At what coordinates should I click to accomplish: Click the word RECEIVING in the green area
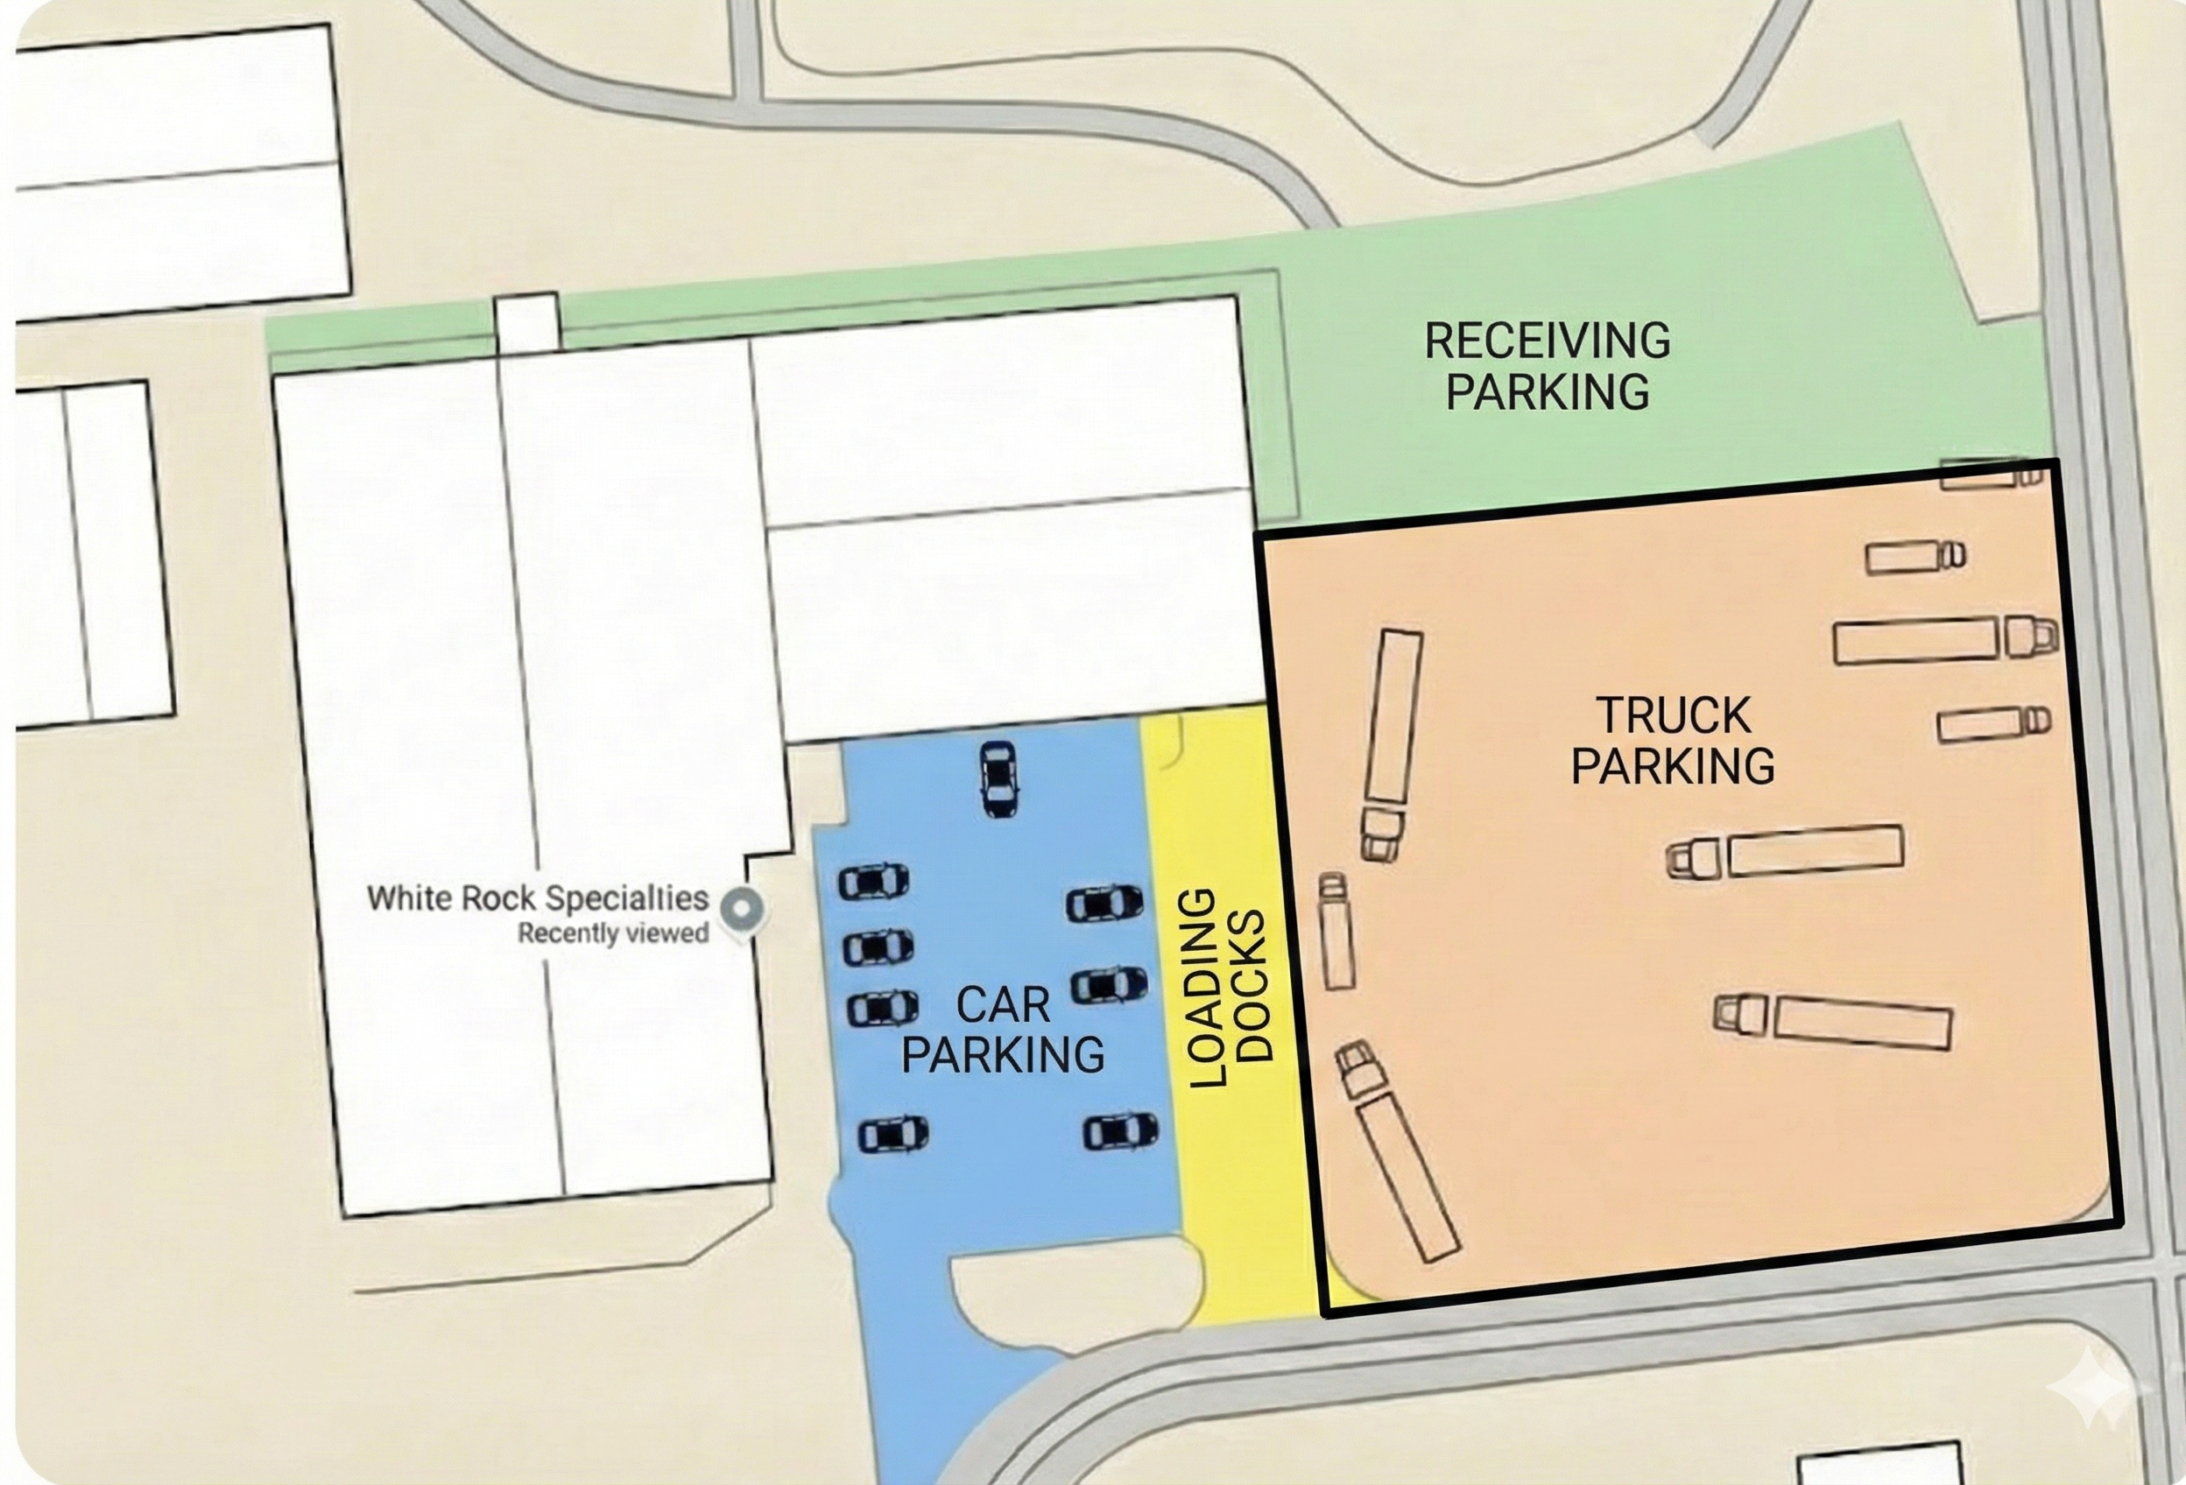pos(1547,341)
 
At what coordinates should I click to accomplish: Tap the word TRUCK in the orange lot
pos(1674,715)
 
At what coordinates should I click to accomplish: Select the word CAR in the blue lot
pos(1003,1006)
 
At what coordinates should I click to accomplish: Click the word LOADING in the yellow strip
pos(1207,988)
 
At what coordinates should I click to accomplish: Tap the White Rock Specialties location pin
pos(741,909)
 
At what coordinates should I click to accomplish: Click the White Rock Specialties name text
pos(537,898)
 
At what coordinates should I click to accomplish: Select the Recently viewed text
pos(613,934)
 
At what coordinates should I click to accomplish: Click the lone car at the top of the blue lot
pos(998,778)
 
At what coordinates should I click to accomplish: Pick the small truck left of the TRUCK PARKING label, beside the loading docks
pos(1336,931)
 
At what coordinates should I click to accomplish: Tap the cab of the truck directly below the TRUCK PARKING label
pos(1694,858)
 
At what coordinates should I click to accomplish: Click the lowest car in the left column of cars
pos(892,1134)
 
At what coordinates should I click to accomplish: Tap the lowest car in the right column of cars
pos(1120,1131)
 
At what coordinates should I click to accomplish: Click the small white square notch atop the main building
pos(528,323)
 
